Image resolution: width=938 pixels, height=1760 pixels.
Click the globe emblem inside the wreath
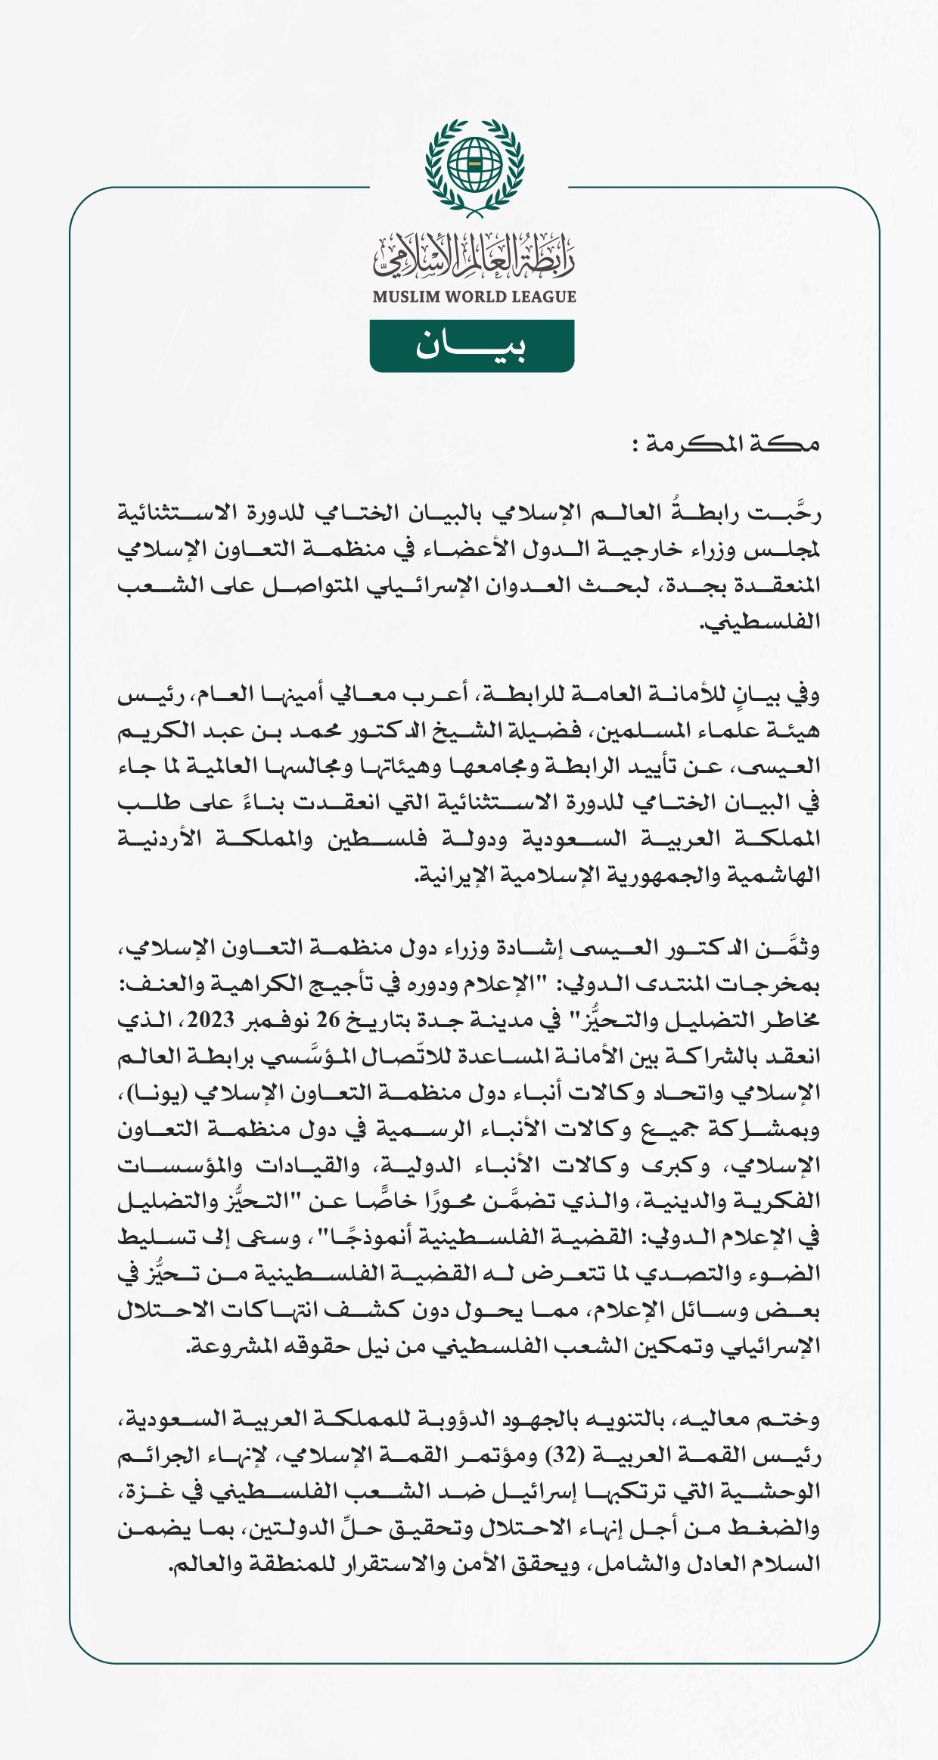coord(474,164)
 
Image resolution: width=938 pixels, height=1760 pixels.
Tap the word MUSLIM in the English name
coord(406,296)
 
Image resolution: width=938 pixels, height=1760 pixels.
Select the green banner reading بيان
coord(471,346)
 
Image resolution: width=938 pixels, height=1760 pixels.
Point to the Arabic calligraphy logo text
coord(474,256)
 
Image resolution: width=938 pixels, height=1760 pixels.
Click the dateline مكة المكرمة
coord(726,444)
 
